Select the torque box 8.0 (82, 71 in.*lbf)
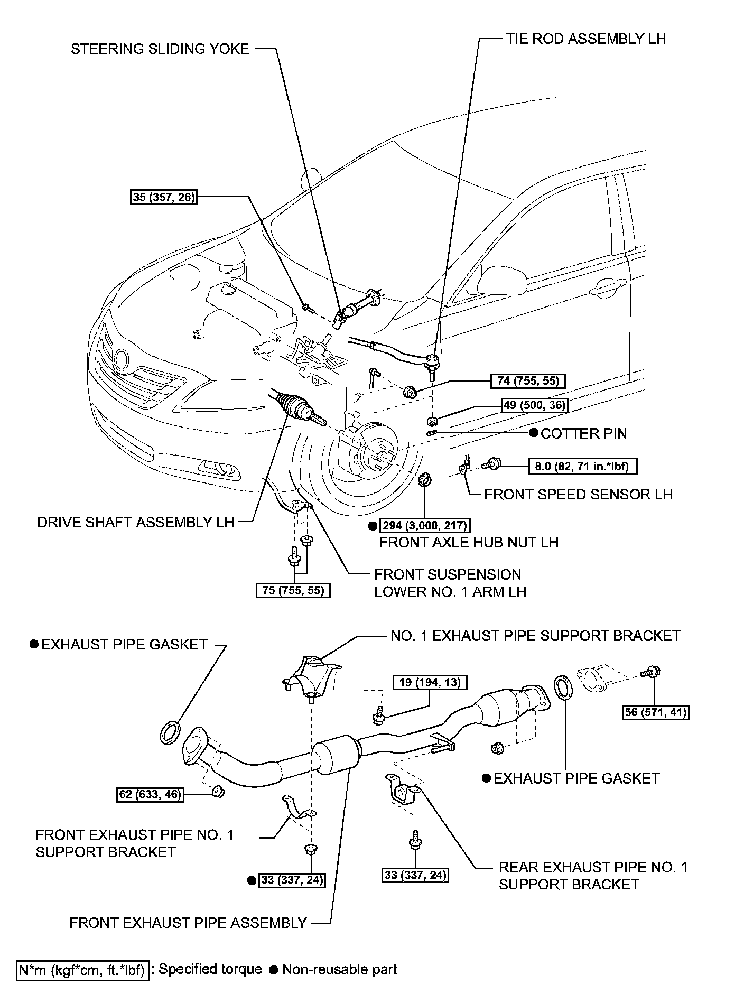pyautogui.click(x=583, y=466)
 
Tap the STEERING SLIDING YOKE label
pyautogui.click(x=160, y=49)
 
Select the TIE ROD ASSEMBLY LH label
pyautogui.click(x=585, y=39)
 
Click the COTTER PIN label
pyautogui.click(x=583, y=434)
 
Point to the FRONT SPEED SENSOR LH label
pyautogui.click(x=578, y=495)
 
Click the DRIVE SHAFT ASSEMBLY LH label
pyautogui.click(x=135, y=522)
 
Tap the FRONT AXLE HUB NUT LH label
pyautogui.click(x=469, y=542)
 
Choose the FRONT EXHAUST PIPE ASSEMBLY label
pyautogui.click(x=188, y=923)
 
